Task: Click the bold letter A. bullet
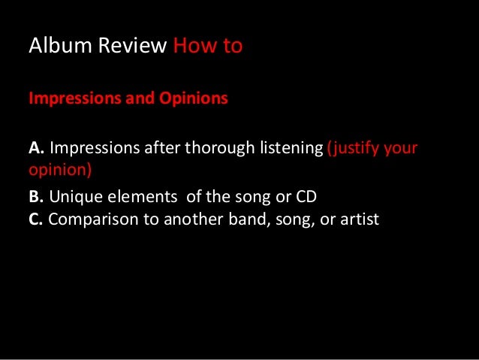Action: click(37, 149)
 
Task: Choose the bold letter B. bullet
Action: click(37, 199)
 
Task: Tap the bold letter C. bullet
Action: click(37, 221)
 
